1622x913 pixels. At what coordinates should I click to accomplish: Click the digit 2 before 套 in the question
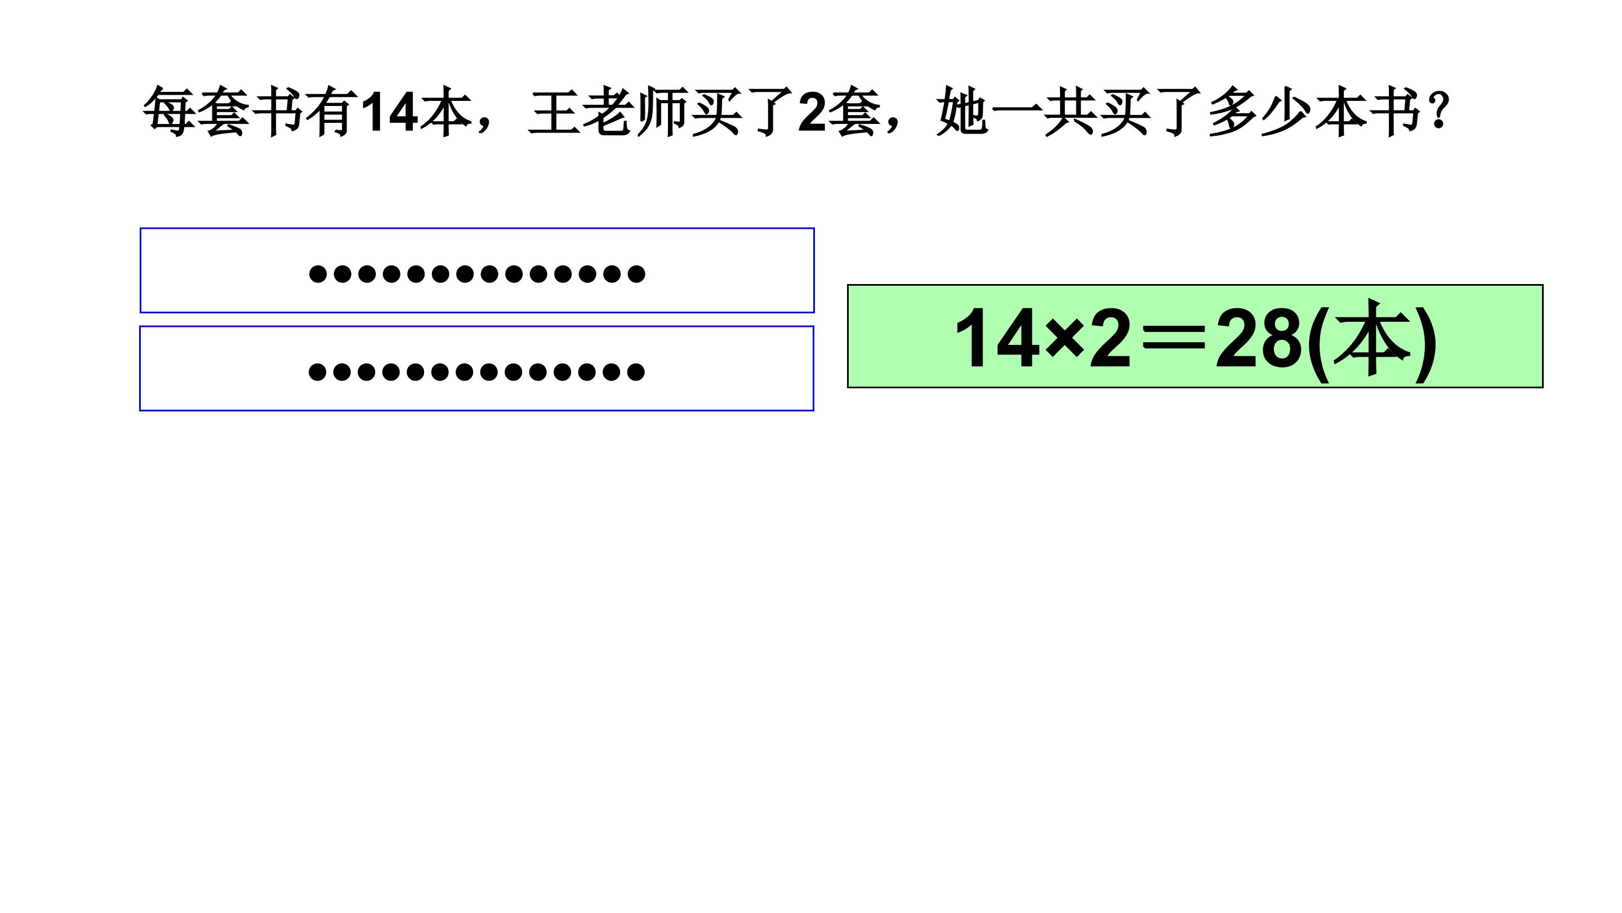coord(812,112)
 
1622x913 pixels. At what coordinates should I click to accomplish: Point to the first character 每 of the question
coord(170,112)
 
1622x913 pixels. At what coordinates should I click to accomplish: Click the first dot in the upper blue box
coord(318,273)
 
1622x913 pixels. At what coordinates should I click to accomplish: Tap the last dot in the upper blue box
coord(636,273)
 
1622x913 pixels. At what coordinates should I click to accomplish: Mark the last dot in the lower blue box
coord(636,372)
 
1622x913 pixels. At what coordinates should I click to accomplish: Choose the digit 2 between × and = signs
coord(1109,338)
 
